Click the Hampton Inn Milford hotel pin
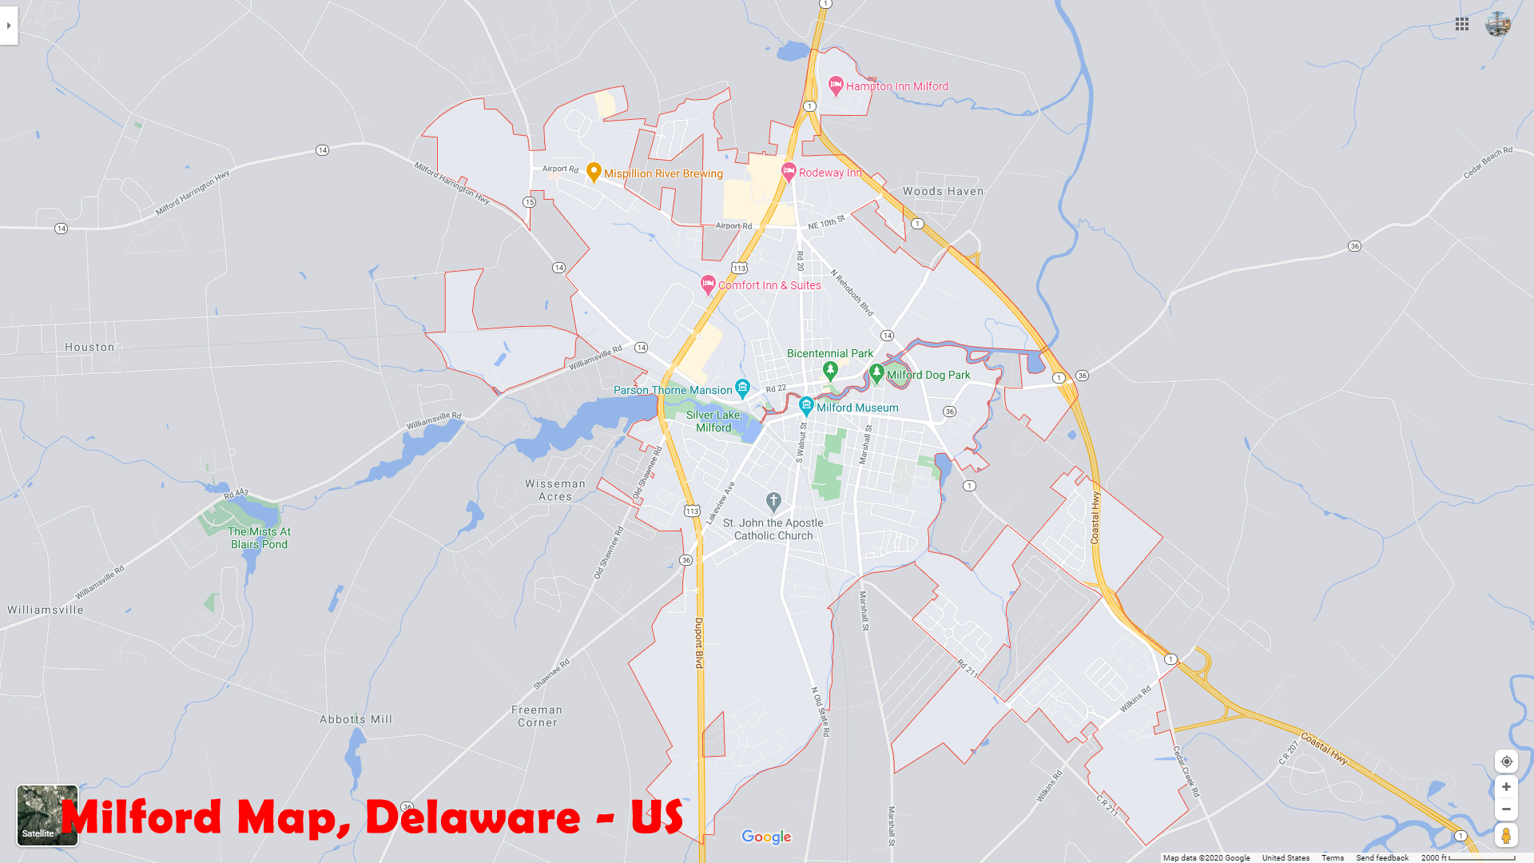pos(836,84)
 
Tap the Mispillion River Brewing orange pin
pos(594,171)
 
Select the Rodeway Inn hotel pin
pos(789,170)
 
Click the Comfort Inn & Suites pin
pos(708,283)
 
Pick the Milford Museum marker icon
pos(807,406)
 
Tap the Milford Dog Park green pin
pos(876,372)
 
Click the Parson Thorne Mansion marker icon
pos(742,388)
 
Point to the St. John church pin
pos(773,501)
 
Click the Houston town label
pos(89,348)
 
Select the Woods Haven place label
pos(943,192)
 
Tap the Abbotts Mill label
pos(356,720)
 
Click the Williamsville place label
pos(46,610)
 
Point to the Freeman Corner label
pos(537,716)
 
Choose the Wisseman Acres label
pos(555,490)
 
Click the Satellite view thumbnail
pos(47,815)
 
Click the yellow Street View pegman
pos(1506,835)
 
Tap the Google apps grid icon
pos(1462,24)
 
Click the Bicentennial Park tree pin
pos(830,370)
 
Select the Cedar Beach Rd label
pos(1488,163)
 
